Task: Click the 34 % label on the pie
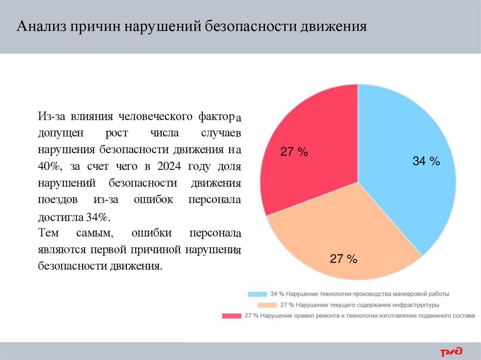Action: [426, 161]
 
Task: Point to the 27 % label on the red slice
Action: [294, 152]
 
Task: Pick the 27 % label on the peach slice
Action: [343, 259]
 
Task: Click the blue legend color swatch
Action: [257, 294]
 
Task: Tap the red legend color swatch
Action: [231, 316]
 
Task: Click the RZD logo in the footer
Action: [451, 351]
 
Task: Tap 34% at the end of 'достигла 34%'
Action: [97, 217]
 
